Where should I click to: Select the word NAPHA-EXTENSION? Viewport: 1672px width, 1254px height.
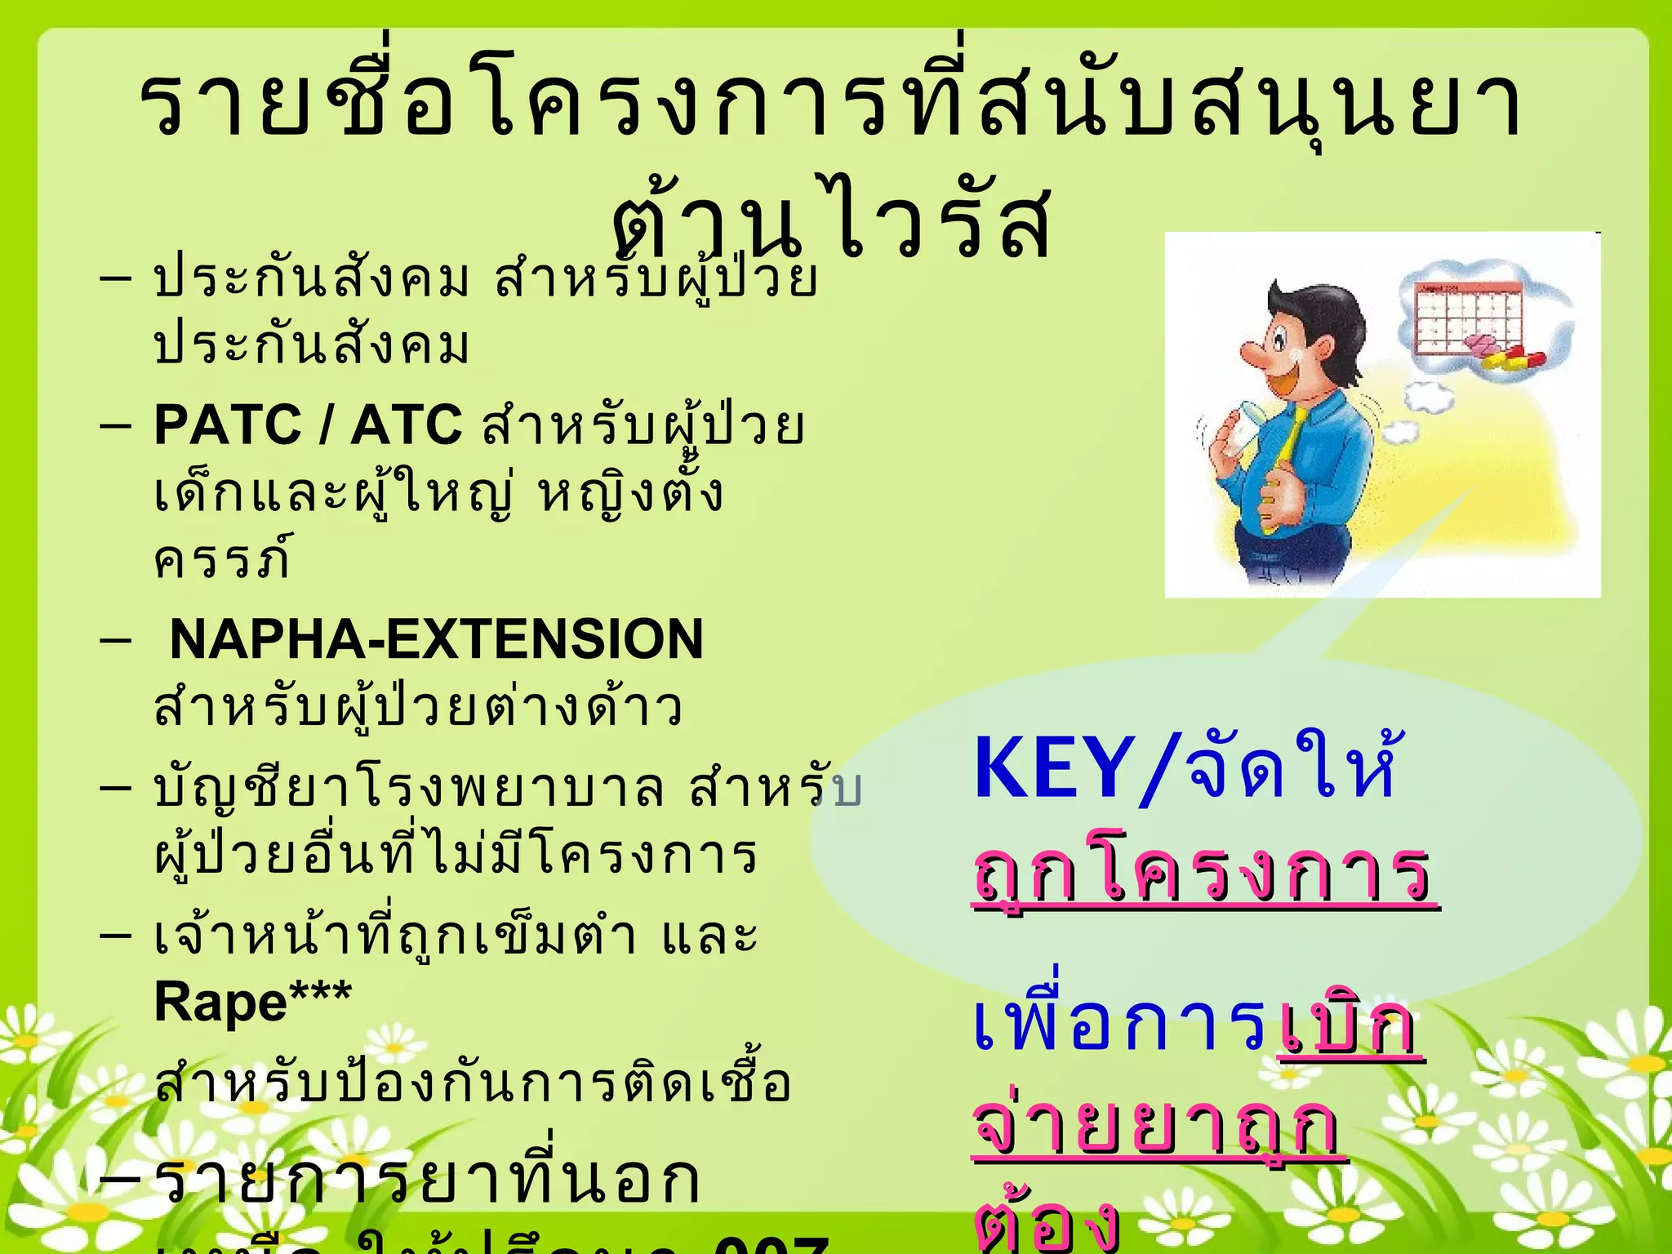(436, 639)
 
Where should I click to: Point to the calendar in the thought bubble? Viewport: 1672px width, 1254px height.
(1469, 317)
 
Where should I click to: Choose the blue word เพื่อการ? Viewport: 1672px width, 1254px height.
(1122, 1024)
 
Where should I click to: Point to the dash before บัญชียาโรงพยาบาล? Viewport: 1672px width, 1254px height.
(115, 787)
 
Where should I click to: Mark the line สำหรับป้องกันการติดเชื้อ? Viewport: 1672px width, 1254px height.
(473, 1083)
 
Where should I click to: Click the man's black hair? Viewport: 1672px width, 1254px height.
(1323, 314)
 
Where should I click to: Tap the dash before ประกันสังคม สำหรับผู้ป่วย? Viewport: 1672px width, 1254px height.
(115, 278)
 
